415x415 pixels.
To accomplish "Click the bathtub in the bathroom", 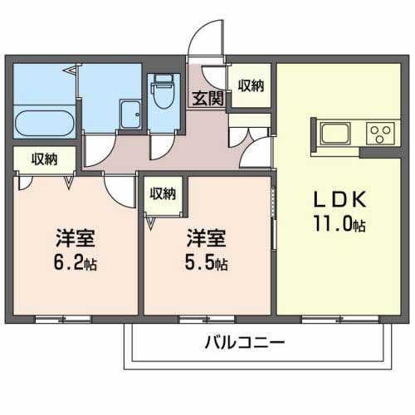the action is coord(45,123).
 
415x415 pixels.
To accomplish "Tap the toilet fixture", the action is coord(164,91).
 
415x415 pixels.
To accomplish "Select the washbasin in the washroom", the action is coord(130,115).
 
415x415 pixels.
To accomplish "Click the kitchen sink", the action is coord(334,133).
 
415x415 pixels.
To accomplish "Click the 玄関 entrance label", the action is coord(207,99).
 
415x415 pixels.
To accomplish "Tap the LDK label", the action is coord(339,199).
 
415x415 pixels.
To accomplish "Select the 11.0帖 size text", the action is coord(339,223).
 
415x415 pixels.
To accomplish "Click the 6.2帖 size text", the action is coord(76,262).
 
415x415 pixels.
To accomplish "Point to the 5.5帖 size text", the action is coord(207,262).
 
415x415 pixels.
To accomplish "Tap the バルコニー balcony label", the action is coord(245,343).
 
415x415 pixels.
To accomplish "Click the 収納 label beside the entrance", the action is coord(251,85).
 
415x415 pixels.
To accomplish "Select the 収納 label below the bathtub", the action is coord(44,159).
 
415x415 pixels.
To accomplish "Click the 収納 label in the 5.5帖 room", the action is coord(163,193).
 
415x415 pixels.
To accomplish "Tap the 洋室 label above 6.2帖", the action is coord(76,238).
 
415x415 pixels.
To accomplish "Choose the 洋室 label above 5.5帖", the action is coord(207,238).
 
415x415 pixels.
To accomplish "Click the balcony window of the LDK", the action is coord(339,320).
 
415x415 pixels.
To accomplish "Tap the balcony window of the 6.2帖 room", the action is coord(63,320).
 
